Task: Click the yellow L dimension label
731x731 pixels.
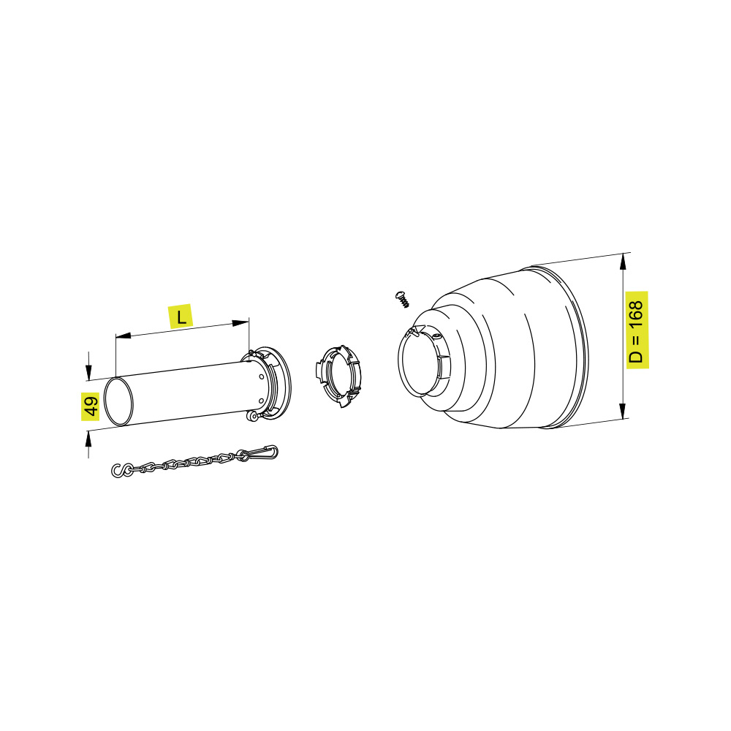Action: click(181, 317)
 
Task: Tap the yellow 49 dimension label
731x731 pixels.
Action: click(91, 405)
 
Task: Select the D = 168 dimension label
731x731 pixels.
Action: click(637, 330)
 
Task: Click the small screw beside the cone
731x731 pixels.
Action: click(403, 299)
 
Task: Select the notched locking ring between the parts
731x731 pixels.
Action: click(338, 376)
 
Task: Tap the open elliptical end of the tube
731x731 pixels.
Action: click(118, 402)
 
